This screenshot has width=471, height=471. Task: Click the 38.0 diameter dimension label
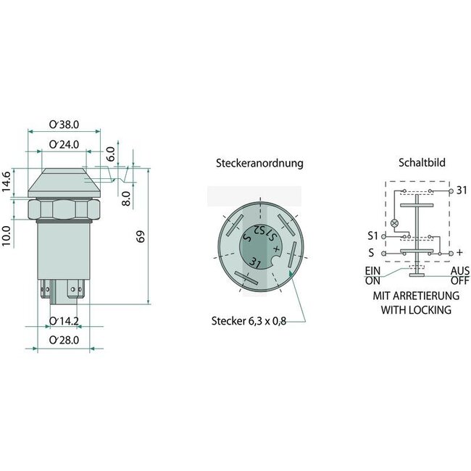64,124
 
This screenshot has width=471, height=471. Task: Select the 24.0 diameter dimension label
64,143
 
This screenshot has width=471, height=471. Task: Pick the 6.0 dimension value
111,153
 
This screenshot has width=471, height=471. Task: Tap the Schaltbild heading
418,163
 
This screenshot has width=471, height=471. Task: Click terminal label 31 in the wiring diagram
461,191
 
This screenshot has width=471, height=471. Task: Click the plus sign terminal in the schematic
459,254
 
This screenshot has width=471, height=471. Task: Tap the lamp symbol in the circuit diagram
395,222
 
